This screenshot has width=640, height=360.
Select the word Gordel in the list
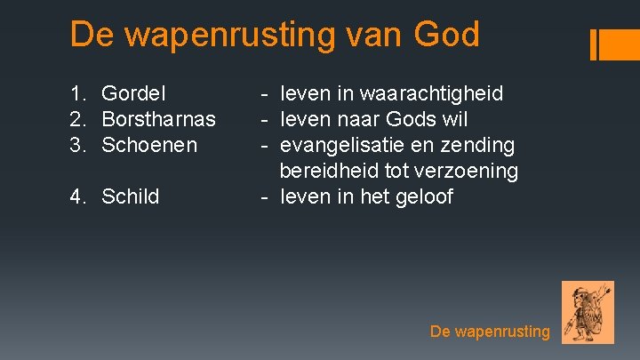point(135,93)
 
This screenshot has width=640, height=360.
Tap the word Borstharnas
point(159,119)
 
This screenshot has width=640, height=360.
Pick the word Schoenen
point(149,145)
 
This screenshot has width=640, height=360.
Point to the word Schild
point(131,196)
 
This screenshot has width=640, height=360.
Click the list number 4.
point(78,196)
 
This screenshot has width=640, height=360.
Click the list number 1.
point(78,93)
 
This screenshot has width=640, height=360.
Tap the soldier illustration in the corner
point(588,312)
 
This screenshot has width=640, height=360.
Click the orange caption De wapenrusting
point(490,332)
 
